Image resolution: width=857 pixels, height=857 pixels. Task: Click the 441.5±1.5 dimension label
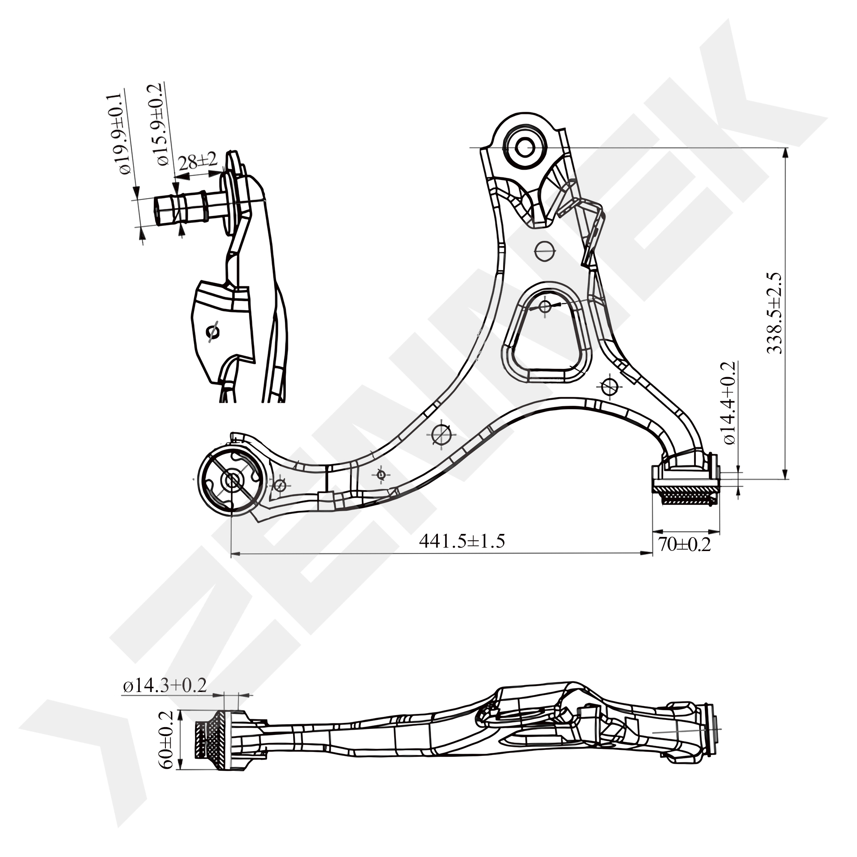(462, 542)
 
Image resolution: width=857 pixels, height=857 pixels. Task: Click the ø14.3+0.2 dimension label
(165, 686)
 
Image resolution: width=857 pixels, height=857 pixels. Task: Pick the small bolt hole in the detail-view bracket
(213, 332)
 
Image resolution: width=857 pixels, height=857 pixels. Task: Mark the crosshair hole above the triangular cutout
(544, 251)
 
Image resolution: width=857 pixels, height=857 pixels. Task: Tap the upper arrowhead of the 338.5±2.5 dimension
(786, 153)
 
